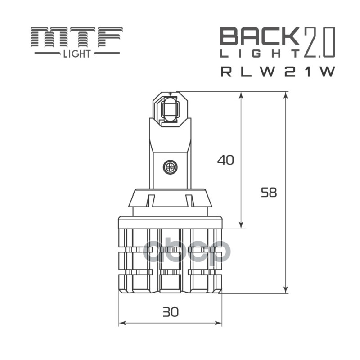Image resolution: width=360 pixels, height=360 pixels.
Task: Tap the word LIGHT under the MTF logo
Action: coord(76,54)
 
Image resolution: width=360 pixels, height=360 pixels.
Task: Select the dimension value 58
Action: coord(269,193)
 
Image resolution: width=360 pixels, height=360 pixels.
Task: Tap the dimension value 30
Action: coord(171,311)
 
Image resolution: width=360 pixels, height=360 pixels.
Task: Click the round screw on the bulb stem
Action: coord(170,167)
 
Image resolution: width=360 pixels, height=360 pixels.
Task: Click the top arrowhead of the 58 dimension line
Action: coord(286,95)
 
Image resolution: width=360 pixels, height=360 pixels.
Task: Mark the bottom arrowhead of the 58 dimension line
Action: coord(286,290)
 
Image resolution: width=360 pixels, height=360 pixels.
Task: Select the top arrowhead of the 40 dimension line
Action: coord(241,95)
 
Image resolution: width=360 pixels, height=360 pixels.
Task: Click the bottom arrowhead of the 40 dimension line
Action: coord(241,225)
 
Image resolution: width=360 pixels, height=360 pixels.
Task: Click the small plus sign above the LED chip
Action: coord(170,94)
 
